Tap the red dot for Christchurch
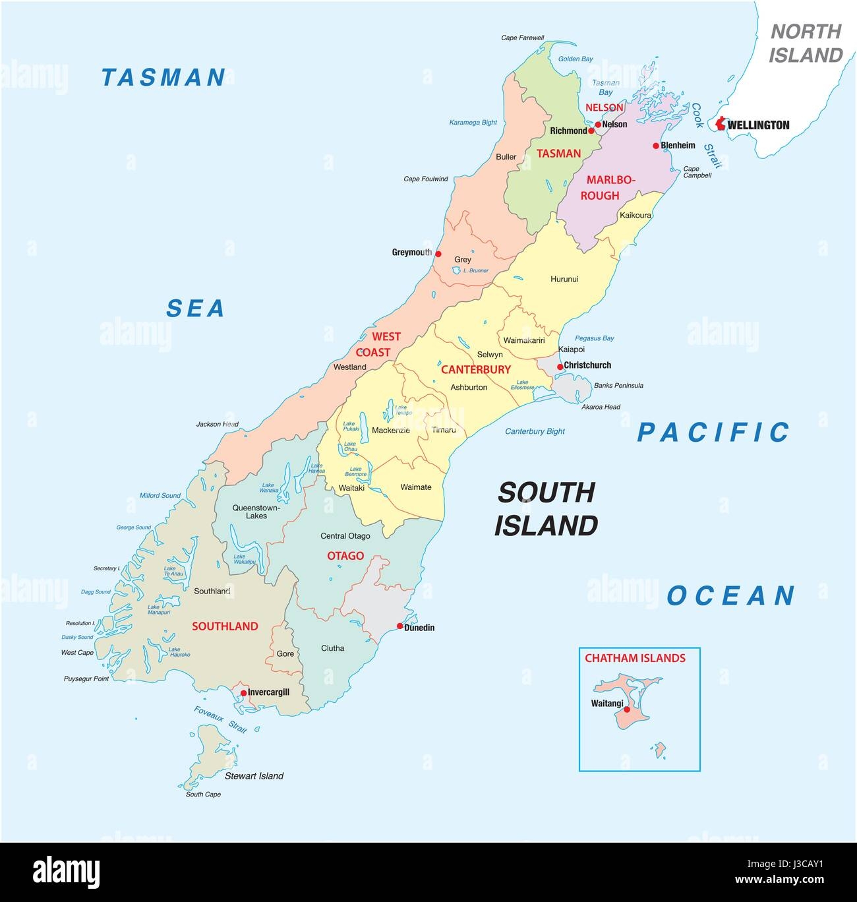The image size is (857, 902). [560, 367]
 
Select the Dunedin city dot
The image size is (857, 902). [399, 626]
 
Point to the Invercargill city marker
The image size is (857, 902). [243, 692]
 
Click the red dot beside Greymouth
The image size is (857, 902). [438, 254]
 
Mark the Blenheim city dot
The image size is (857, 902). [655, 146]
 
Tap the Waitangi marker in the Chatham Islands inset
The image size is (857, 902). [626, 709]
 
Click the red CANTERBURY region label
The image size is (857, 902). [475, 369]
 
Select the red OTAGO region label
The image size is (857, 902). [345, 556]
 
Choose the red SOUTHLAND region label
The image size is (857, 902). [225, 626]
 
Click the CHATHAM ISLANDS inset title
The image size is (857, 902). [635, 658]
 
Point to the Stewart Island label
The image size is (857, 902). [254, 776]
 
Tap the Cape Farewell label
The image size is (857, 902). [522, 38]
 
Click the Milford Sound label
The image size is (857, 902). [160, 496]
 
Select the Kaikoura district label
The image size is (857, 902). [635, 216]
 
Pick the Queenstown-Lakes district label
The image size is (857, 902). [256, 512]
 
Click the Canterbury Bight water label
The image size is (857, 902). [535, 432]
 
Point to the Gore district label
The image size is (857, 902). [285, 653]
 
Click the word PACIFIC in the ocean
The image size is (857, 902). [713, 433]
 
